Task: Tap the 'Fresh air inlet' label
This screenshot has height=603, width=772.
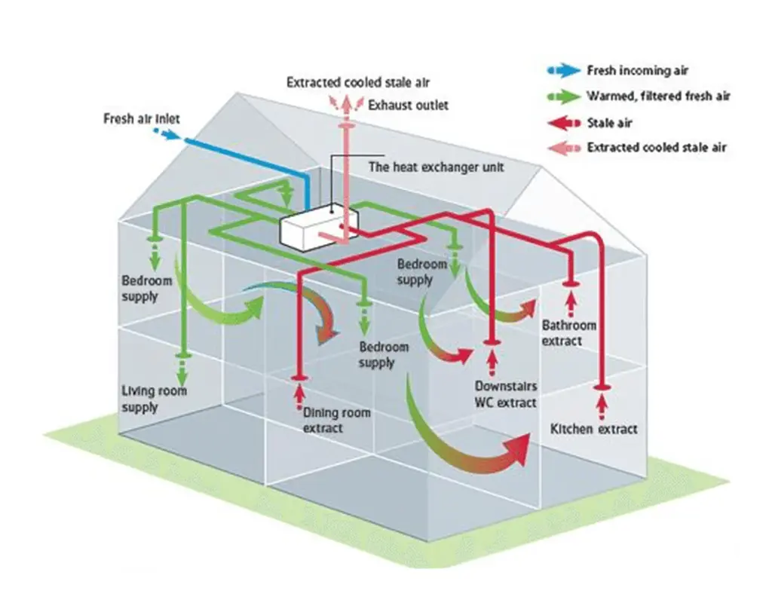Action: pos(142,119)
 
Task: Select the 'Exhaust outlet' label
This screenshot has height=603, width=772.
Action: pos(408,105)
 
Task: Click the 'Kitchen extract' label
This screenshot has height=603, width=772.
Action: pos(594,429)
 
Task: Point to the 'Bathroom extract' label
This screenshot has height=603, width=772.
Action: pos(568,333)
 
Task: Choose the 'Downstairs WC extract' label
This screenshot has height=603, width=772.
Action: pos(505,396)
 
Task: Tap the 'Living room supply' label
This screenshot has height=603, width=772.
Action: pos(154,399)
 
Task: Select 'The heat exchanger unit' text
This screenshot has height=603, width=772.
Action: pos(435,167)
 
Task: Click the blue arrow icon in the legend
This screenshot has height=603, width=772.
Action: pos(560,71)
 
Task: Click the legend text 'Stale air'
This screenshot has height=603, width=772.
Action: pos(609,122)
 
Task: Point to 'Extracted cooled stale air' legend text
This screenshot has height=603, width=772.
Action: pos(656,148)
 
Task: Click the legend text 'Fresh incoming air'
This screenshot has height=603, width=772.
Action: pos(637,71)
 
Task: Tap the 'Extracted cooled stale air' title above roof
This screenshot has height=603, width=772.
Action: pos(357,82)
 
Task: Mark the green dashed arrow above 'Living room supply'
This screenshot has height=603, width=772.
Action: pos(182,369)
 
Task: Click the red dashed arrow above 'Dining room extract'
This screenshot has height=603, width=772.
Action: pos(299,394)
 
